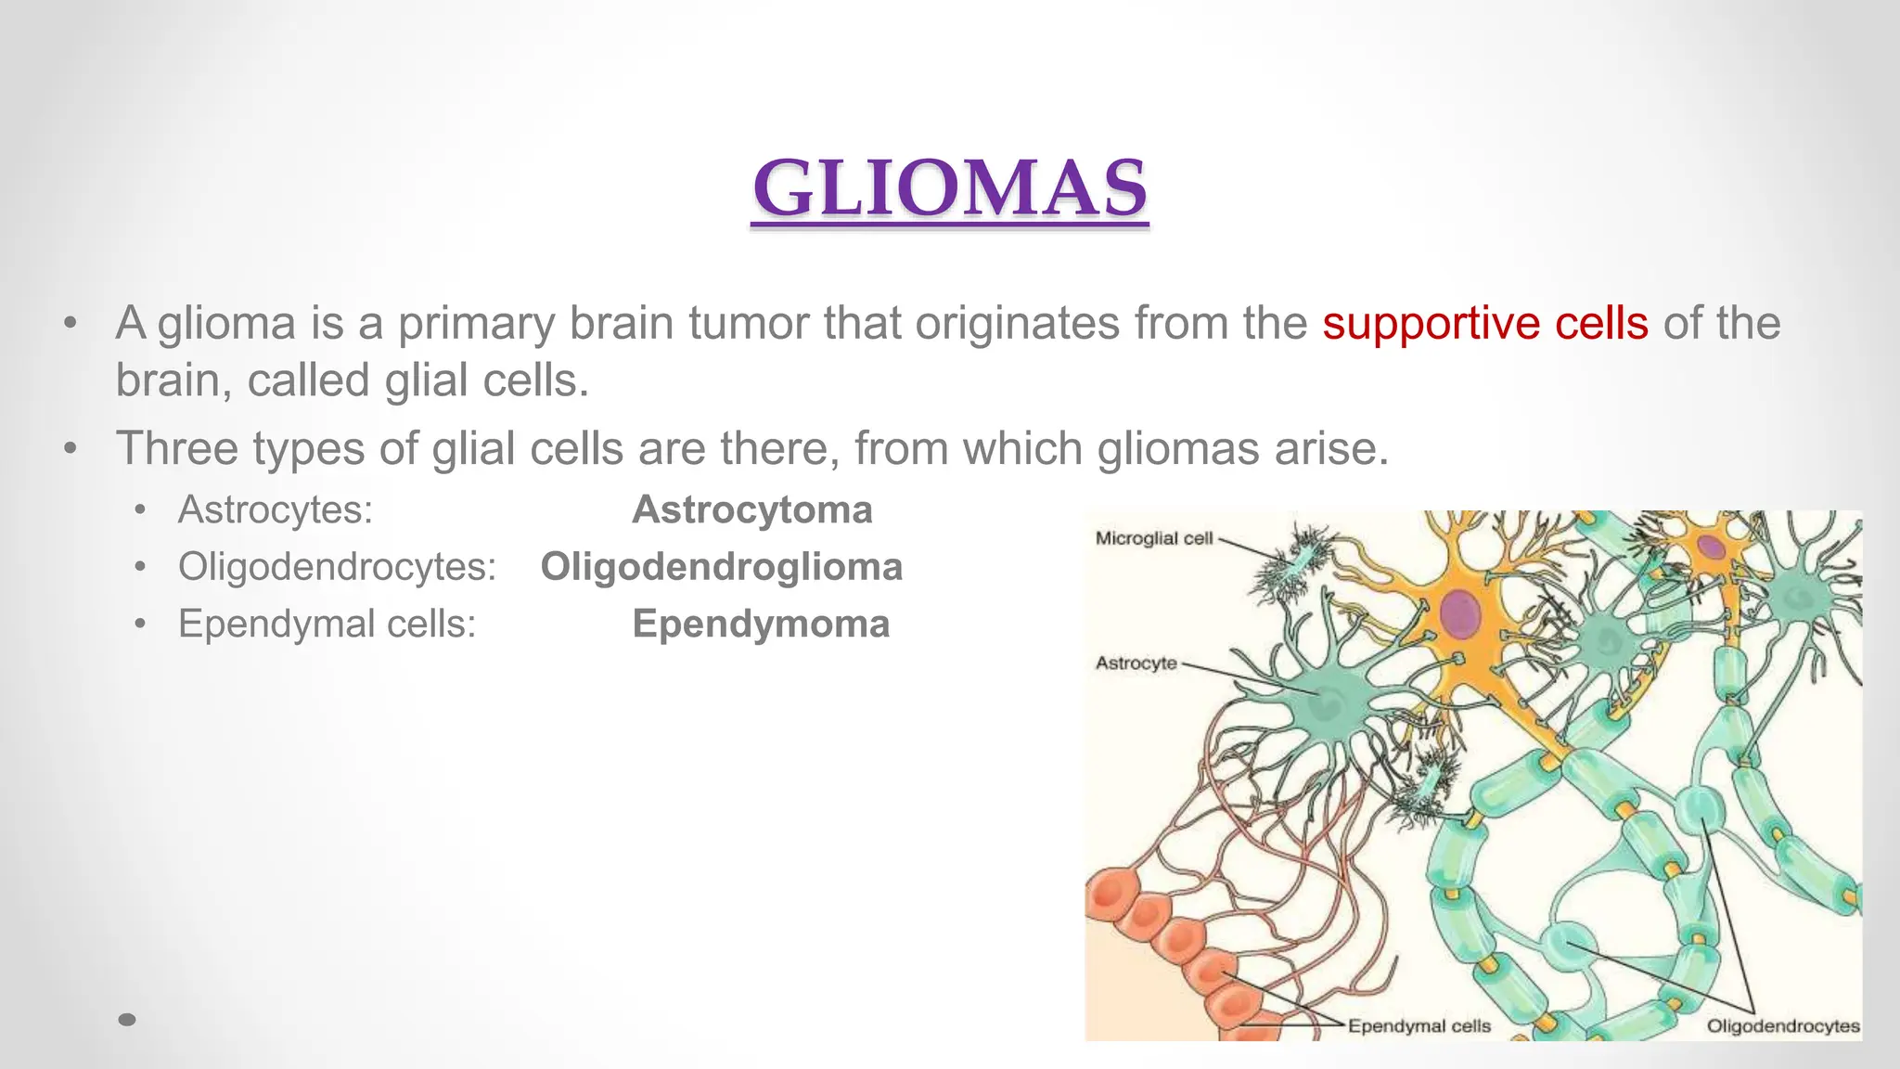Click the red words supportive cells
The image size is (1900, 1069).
[1485, 324]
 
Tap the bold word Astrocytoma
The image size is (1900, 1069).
[751, 510]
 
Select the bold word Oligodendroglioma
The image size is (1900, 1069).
[721, 567]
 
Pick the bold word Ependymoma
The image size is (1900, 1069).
[761, 624]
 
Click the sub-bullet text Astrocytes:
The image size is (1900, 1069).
[276, 510]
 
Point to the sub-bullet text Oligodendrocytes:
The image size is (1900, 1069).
[338, 567]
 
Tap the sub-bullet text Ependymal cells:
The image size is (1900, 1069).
[327, 624]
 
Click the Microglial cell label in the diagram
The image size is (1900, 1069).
[1153, 538]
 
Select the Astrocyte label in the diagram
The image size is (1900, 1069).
[1136, 663]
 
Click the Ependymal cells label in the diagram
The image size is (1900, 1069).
[1419, 1026]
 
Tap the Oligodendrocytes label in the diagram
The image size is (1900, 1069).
[1782, 1026]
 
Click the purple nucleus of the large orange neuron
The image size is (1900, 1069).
[1460, 613]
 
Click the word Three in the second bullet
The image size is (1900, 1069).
[177, 449]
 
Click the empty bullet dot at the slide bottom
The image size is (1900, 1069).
[128, 1020]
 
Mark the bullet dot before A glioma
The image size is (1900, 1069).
[70, 325]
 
